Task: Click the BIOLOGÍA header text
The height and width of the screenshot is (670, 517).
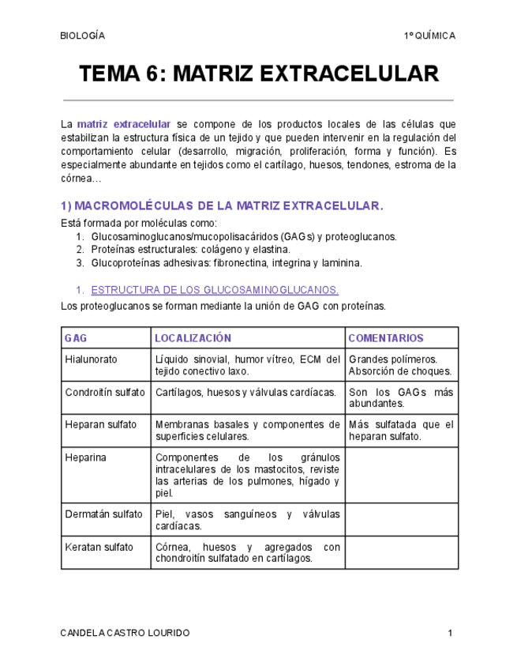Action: click(x=82, y=36)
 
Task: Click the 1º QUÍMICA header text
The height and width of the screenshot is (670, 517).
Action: click(x=429, y=36)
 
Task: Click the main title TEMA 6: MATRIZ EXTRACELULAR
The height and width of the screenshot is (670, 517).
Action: click(x=258, y=75)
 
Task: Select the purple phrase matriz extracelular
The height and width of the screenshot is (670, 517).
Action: click(x=124, y=125)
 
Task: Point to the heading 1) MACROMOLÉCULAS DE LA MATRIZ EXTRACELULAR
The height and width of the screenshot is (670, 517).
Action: click(x=222, y=205)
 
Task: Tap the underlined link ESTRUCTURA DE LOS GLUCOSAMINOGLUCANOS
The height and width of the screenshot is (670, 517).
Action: click(x=215, y=290)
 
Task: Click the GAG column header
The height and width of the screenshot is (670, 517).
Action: click(x=77, y=338)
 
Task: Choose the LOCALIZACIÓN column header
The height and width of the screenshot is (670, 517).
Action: click(x=193, y=338)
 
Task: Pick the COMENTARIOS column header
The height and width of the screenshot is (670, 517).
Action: click(x=386, y=338)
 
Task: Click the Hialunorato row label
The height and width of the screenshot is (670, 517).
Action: click(x=91, y=359)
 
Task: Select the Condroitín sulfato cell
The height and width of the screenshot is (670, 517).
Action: click(x=105, y=392)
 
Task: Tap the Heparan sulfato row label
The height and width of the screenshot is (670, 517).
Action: click(x=101, y=424)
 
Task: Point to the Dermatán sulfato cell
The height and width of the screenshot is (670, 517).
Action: click(x=104, y=514)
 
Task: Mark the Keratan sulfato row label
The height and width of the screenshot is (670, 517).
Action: click(x=99, y=547)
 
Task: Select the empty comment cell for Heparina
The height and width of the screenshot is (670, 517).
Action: click(x=401, y=475)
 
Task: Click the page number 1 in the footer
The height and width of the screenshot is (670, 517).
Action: click(x=449, y=634)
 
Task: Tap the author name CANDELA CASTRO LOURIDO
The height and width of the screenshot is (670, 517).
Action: click(x=125, y=634)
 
